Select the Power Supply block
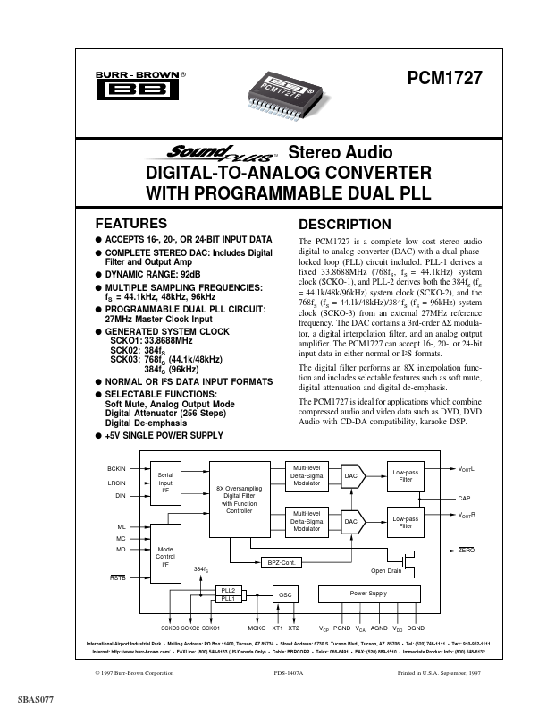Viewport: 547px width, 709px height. point(366,593)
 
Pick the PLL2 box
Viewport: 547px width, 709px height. point(227,591)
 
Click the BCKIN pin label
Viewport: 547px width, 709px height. point(116,469)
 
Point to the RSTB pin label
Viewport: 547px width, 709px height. point(117,577)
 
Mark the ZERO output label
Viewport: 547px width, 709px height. point(466,549)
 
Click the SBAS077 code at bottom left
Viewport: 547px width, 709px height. point(35,697)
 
